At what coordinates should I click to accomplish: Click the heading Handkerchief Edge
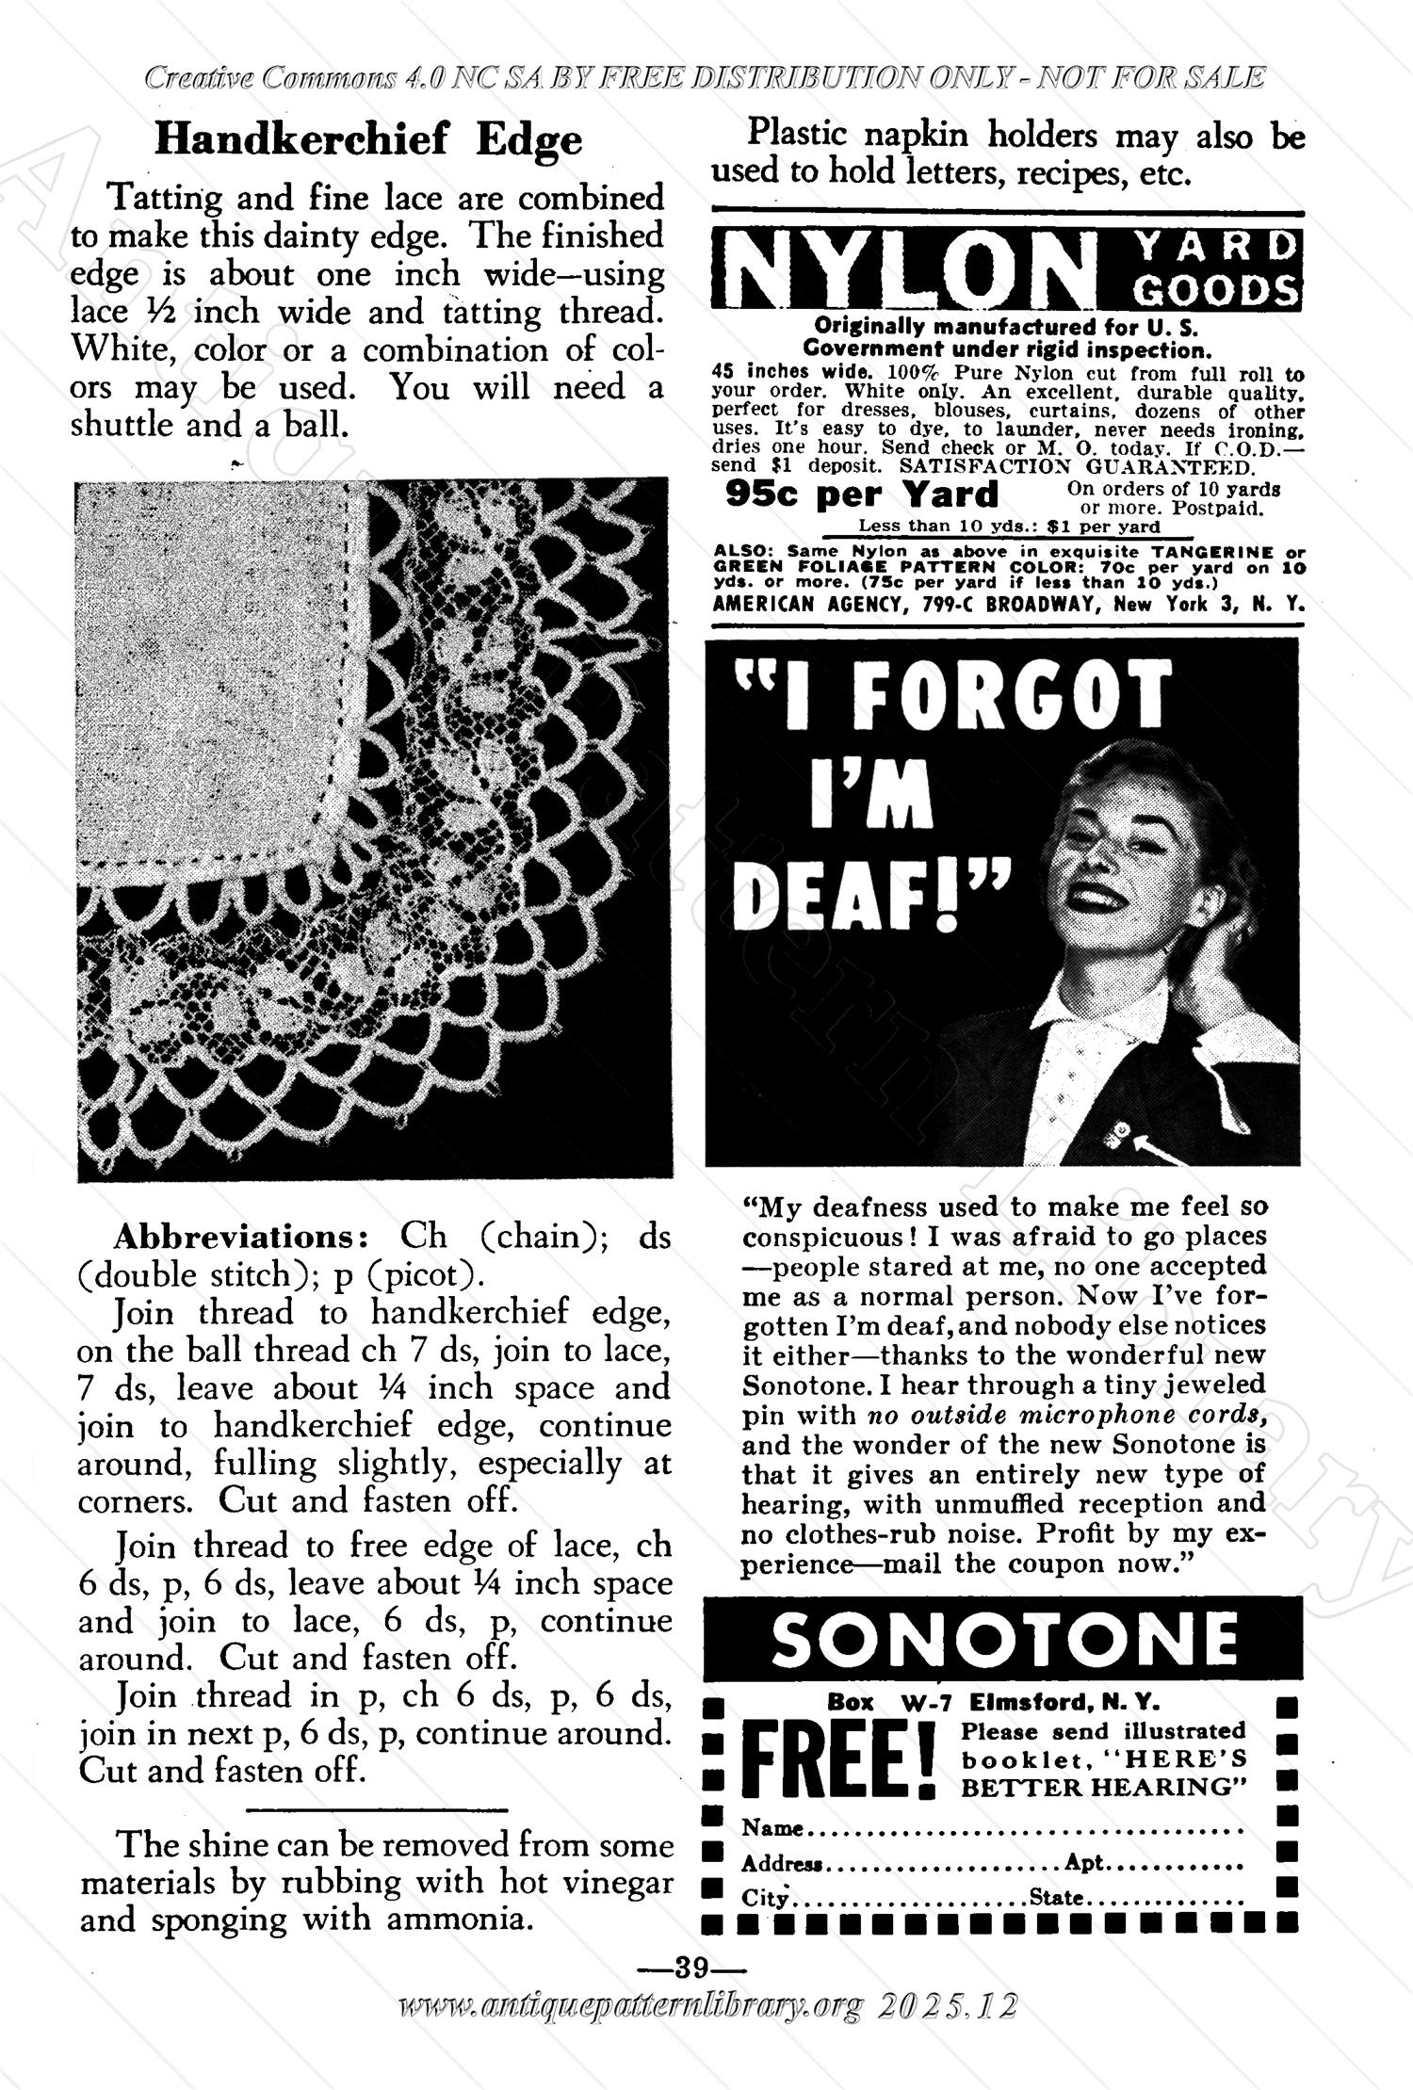point(368,140)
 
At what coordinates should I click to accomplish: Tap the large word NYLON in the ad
point(901,269)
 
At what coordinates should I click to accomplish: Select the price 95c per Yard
point(861,494)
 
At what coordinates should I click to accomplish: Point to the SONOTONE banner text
point(1004,1640)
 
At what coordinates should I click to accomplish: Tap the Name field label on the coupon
point(771,1828)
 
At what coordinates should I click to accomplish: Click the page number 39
point(691,1967)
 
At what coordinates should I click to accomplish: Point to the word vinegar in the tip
point(614,1881)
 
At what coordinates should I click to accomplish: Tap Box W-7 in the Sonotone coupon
point(889,1703)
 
